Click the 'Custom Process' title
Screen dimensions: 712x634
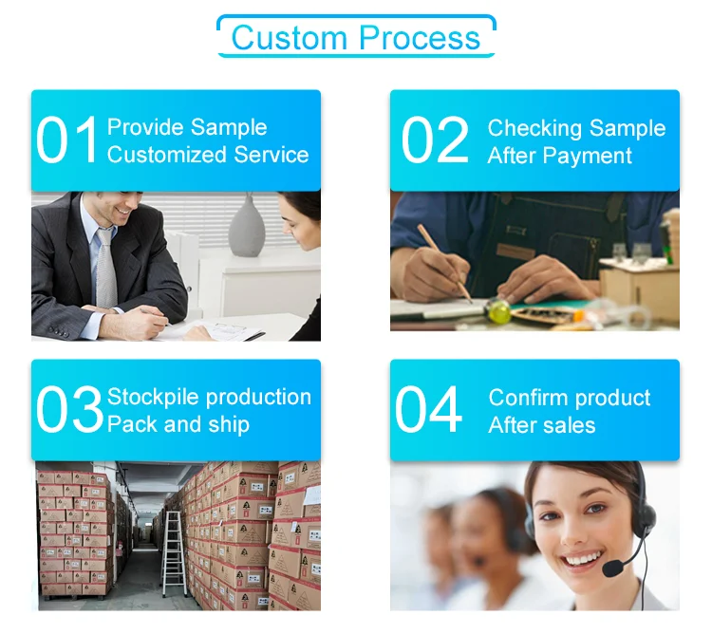click(x=356, y=37)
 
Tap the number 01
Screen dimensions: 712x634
click(x=67, y=140)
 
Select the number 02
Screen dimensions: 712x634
click(x=435, y=140)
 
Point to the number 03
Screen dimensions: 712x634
click(x=69, y=409)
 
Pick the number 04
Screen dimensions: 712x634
click(x=428, y=409)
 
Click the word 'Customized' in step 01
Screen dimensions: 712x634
click(x=167, y=155)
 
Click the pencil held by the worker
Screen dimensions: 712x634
click(x=444, y=262)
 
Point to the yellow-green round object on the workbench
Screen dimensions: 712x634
click(x=498, y=311)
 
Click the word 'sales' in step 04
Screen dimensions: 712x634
click(x=569, y=425)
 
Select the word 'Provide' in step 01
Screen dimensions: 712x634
click(x=141, y=126)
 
